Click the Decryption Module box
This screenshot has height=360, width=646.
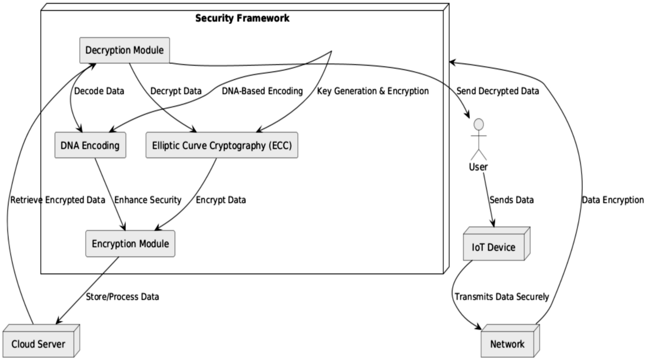coord(124,50)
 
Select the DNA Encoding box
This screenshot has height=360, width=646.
coord(90,146)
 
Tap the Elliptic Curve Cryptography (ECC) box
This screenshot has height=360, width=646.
coord(221,146)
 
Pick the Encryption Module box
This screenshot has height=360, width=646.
coord(130,244)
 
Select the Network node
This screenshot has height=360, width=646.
coord(507,344)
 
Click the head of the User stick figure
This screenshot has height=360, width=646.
coord(478,124)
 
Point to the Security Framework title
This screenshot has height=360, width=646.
coord(242,18)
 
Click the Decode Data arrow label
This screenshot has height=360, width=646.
coord(99,91)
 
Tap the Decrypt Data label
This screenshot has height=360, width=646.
coord(176,91)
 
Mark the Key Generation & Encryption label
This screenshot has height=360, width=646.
coord(373,91)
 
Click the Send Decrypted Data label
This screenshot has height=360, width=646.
coord(497,91)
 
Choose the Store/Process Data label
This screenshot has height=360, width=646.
coord(123,296)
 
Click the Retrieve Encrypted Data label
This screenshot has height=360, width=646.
coord(58,200)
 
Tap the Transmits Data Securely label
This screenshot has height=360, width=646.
coord(502,296)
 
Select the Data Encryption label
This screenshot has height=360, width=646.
coord(613,200)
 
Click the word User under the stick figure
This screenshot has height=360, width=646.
coord(478,167)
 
